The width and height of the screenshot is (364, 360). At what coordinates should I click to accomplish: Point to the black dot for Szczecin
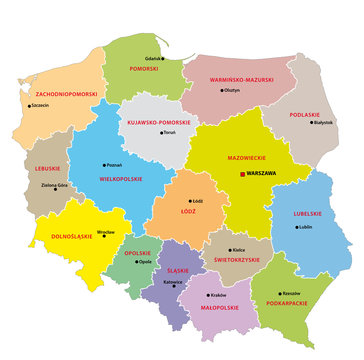[29, 105]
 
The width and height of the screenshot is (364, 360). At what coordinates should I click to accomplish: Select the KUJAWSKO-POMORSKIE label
[158, 121]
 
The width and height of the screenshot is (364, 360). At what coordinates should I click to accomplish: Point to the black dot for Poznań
[104, 166]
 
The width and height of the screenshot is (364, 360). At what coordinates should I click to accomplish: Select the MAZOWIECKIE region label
[239, 157]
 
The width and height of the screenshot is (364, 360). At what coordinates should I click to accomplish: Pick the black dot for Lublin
[296, 226]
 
